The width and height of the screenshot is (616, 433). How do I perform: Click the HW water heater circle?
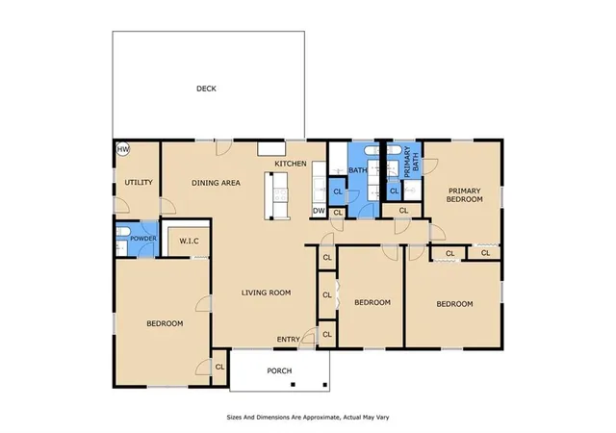123,149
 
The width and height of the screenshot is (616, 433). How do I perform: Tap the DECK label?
206,89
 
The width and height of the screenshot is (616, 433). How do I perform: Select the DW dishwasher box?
319,211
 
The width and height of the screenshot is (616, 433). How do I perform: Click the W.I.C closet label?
189,242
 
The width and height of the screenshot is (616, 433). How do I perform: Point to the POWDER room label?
143,239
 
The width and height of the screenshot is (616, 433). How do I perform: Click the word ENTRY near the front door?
289,339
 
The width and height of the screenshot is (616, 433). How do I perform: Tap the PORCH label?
279,370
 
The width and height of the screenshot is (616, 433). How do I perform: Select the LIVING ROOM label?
266,293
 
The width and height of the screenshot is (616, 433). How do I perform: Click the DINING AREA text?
216,183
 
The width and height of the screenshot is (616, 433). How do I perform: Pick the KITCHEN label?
291,164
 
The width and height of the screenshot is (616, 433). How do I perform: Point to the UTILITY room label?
139,183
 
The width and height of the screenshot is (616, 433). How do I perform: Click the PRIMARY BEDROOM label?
464,195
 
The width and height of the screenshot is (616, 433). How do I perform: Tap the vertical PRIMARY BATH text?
411,162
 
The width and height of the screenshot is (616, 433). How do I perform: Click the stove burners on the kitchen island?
280,195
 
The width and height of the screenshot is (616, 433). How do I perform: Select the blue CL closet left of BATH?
338,191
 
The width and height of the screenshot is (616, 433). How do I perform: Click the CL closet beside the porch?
219,367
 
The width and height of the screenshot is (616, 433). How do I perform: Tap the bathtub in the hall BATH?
372,150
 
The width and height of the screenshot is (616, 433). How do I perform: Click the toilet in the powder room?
122,231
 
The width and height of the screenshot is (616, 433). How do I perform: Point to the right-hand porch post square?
325,385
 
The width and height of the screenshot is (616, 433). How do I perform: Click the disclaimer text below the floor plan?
308,418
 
